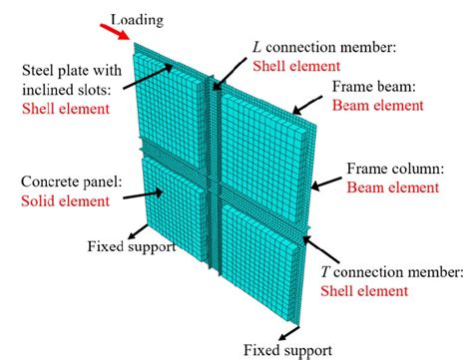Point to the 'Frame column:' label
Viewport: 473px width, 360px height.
389,169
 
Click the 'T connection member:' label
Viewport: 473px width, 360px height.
392,272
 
